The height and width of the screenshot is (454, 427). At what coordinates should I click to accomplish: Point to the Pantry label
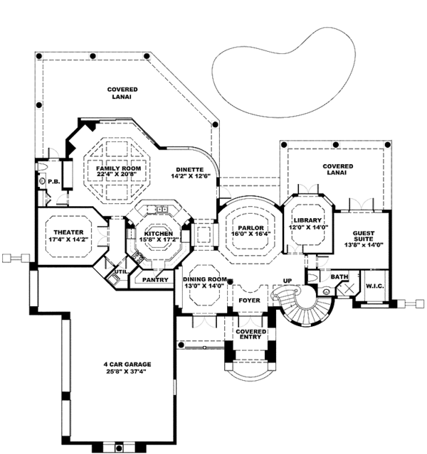coord(155,280)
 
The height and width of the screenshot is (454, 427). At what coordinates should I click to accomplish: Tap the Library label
coord(310,220)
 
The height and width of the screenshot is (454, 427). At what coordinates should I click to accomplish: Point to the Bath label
coord(339,277)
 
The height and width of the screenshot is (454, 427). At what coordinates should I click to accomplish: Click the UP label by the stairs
coord(289,280)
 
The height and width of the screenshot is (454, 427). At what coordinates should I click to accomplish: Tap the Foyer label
coord(249,301)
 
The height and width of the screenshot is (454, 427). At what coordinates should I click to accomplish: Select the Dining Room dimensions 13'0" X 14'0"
coord(205,287)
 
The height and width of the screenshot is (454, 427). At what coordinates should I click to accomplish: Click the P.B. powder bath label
coord(53,182)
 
